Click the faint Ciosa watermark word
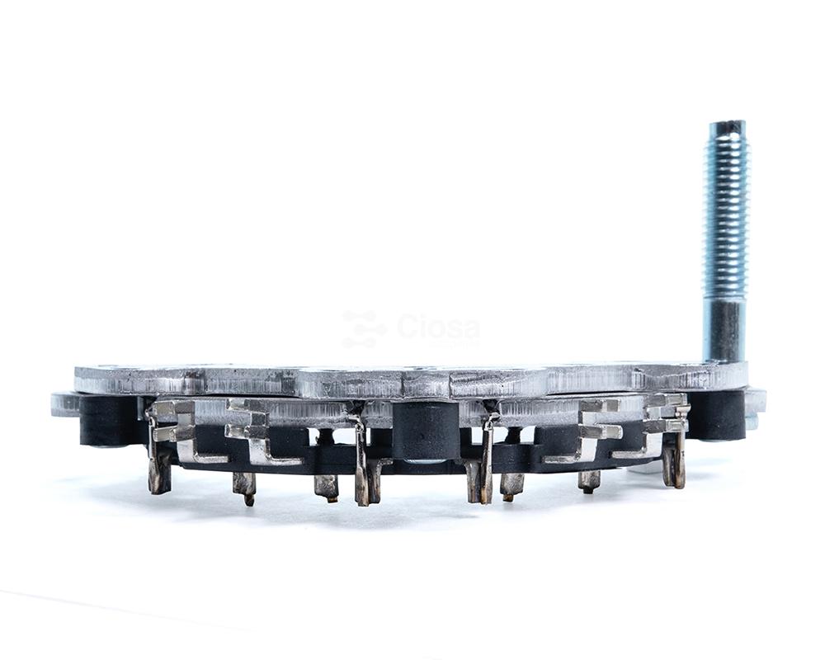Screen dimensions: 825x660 click(x=438, y=328)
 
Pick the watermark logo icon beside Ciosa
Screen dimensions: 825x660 click(x=364, y=329)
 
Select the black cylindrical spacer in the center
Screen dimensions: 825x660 click(x=423, y=431)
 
